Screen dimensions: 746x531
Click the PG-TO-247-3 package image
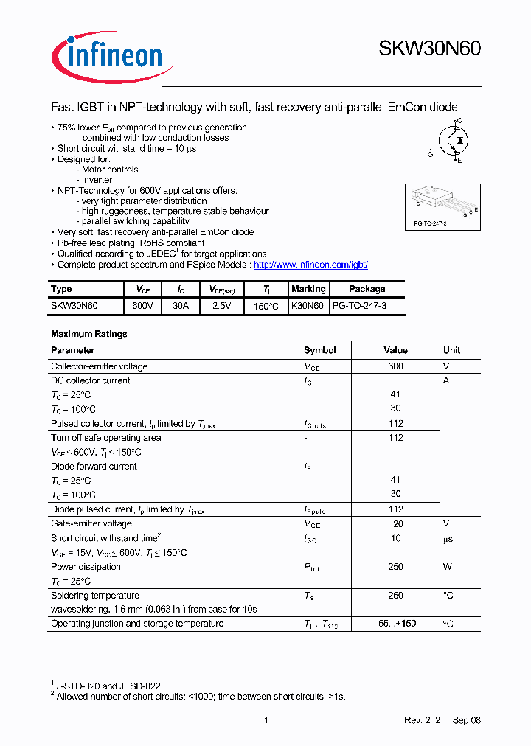442,206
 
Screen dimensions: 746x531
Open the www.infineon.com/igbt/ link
310,265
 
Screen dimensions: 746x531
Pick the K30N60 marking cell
308,304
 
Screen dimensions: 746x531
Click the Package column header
367,289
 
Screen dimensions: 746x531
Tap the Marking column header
308,289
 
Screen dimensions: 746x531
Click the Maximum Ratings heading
89,334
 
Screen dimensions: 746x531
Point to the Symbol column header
320,350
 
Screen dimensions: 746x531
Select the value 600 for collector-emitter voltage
395,366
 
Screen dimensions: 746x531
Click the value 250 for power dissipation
395,567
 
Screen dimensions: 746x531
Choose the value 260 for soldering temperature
395,595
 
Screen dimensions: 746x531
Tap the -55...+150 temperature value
395,624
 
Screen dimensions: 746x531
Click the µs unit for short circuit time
448,539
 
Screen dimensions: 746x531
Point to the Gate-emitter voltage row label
91,523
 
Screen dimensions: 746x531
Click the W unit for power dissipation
447,567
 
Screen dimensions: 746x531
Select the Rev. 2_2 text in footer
422,720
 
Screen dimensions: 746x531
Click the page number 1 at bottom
265,720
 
